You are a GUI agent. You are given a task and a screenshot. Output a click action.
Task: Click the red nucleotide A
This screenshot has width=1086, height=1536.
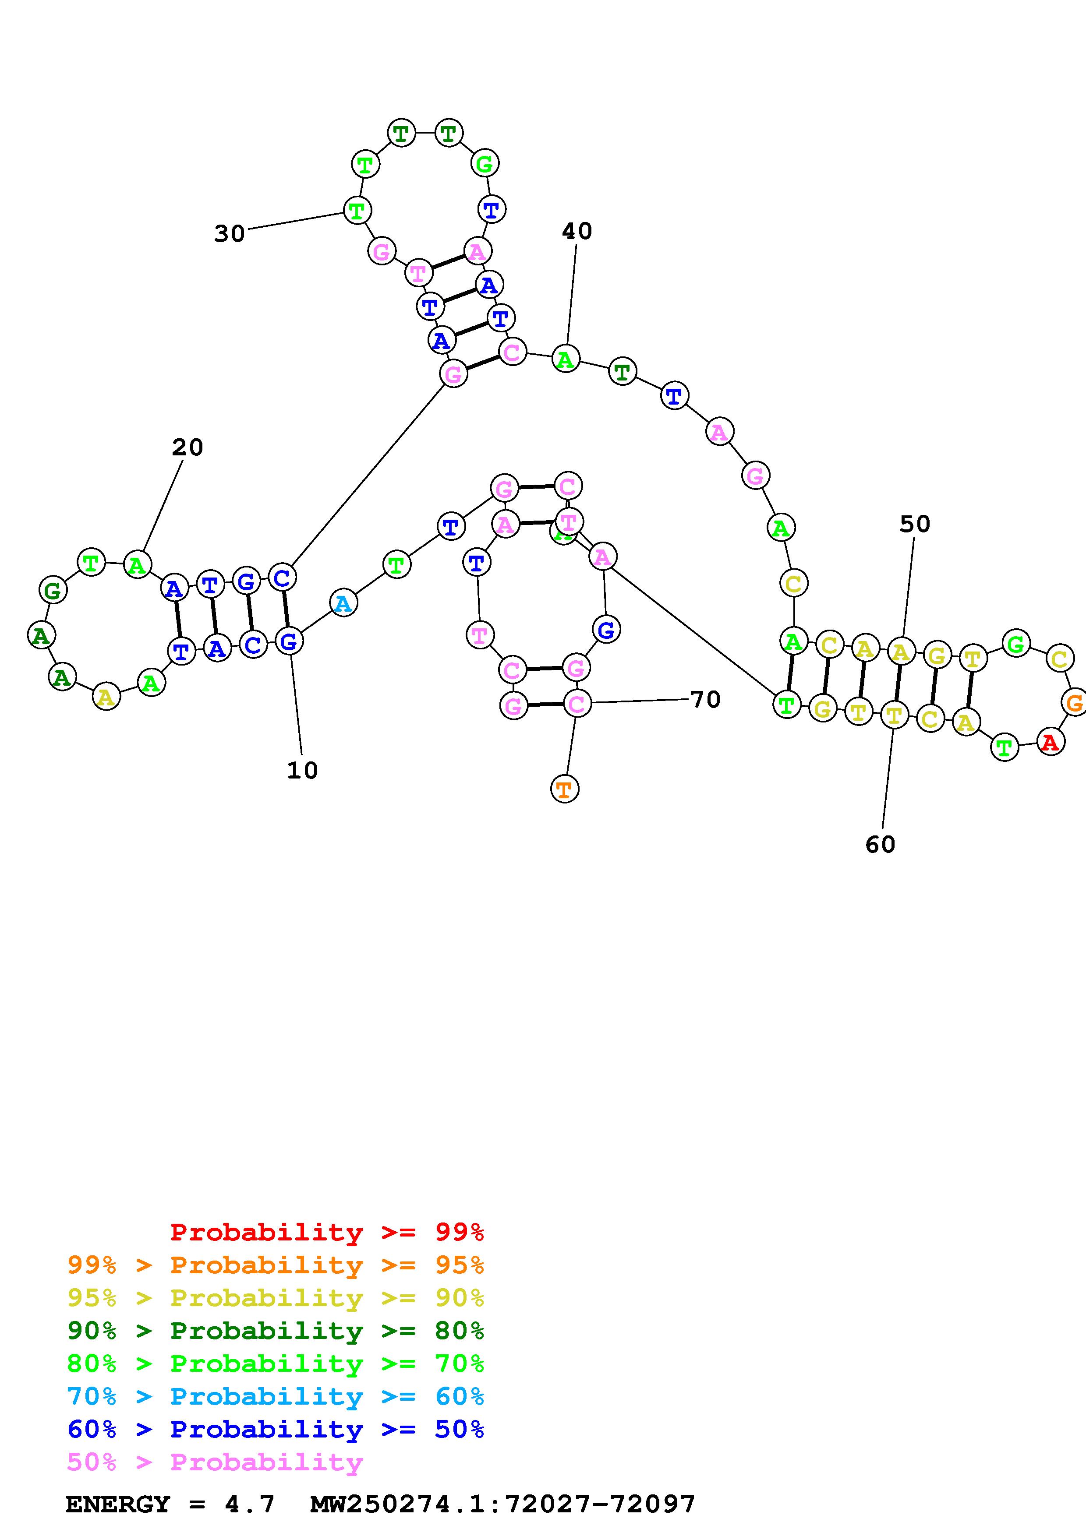coord(1050,742)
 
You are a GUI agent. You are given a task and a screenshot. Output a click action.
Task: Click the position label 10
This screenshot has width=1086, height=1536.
coord(302,771)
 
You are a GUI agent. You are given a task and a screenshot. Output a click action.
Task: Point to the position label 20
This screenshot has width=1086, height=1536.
coord(187,447)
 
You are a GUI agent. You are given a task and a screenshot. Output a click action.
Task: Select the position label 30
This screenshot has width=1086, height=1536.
coord(230,233)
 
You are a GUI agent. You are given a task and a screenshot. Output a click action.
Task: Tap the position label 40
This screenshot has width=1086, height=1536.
coord(577,232)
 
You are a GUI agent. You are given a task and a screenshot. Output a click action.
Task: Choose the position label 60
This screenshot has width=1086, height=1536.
coord(880,845)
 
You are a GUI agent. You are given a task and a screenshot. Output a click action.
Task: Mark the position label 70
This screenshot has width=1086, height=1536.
coord(704,700)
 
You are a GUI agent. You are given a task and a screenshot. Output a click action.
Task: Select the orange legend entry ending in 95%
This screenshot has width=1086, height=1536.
coord(276,1265)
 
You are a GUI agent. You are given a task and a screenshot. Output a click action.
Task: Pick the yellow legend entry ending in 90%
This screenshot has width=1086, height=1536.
coord(276,1298)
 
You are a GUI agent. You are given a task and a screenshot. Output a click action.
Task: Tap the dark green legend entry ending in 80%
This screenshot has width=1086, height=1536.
coord(276,1331)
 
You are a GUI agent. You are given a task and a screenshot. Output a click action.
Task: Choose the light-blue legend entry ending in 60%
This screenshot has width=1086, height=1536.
coord(276,1396)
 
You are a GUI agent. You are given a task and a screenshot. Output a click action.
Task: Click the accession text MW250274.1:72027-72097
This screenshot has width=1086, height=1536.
coord(502,1504)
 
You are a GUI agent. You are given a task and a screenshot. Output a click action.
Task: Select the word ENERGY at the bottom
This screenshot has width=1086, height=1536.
coord(118,1504)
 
